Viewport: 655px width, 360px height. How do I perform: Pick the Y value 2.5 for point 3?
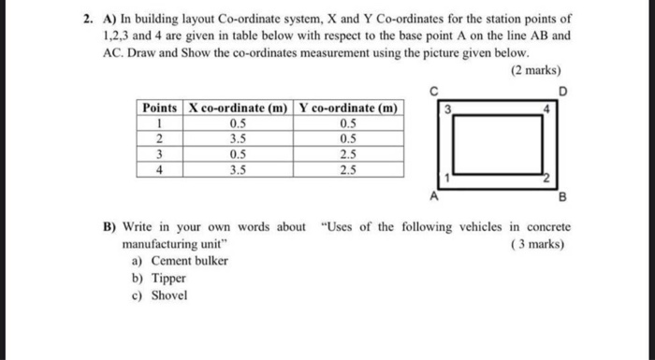pyautogui.click(x=348, y=154)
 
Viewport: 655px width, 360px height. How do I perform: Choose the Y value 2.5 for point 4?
pyautogui.click(x=348, y=170)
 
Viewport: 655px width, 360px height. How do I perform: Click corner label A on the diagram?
pyautogui.click(x=432, y=196)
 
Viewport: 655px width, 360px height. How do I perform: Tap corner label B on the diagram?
pyautogui.click(x=562, y=196)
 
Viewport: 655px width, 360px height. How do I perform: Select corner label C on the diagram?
pyautogui.click(x=433, y=90)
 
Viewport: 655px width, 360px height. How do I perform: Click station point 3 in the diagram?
pyautogui.click(x=447, y=111)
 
